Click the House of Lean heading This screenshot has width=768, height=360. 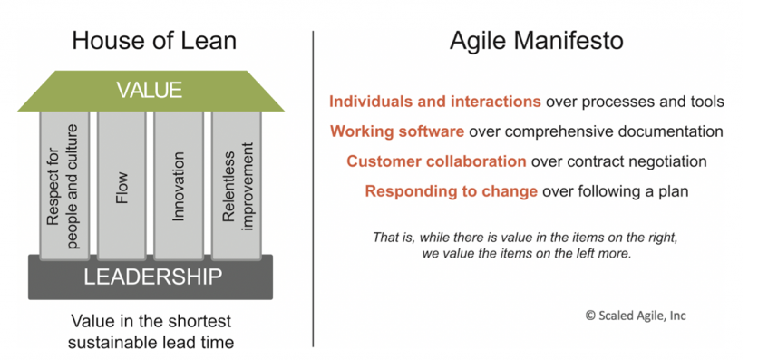154,41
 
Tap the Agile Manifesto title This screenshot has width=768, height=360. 536,41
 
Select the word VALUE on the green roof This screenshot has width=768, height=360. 150,90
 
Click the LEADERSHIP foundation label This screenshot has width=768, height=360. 152,277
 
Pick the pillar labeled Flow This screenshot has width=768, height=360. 122,185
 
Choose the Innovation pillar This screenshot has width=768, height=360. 179,185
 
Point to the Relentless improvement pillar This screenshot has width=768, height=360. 236,185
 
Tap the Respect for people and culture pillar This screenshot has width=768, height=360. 64,185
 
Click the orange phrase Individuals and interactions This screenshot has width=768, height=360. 435,102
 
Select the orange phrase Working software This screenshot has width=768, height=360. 397,131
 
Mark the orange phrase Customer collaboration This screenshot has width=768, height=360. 436,161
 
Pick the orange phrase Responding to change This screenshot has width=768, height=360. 452,191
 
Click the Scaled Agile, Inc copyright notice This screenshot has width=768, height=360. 636,316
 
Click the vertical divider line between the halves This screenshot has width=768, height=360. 313,189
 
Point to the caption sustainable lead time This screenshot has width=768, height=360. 151,343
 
